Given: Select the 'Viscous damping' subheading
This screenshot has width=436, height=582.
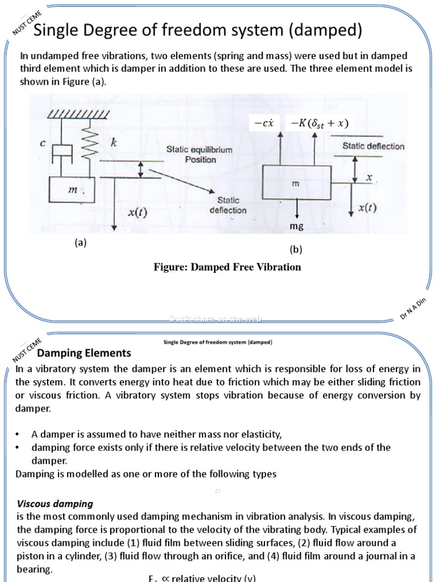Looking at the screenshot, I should [x=54, y=504].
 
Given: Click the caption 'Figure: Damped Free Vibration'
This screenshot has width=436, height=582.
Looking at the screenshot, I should [x=227, y=267].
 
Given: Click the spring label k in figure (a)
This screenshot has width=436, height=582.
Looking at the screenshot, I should [x=114, y=143].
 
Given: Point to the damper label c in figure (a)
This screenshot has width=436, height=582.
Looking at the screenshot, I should [x=43, y=144].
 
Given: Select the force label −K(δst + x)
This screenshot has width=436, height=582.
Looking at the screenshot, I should [x=319, y=123].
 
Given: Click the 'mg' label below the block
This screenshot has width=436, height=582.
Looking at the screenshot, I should [x=296, y=226].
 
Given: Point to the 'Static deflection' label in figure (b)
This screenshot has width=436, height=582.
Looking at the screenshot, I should [x=373, y=146].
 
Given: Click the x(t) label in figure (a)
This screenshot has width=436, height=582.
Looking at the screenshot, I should [x=136, y=213].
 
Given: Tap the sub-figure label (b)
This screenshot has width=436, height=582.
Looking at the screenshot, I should [x=297, y=250].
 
